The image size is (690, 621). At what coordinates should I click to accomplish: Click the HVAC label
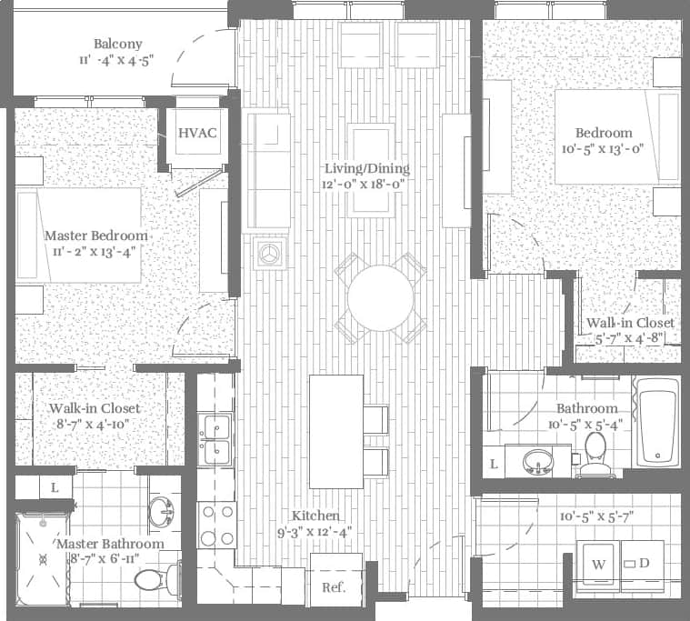(x=197, y=134)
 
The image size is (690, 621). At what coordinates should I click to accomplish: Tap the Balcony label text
(x=118, y=45)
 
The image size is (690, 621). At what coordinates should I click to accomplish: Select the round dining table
(x=380, y=297)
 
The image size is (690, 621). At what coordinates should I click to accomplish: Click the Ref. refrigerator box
(x=335, y=586)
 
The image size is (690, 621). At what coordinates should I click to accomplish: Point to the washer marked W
(x=598, y=565)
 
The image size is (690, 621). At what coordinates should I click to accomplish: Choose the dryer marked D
(x=644, y=564)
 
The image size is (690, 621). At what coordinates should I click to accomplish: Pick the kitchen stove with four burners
(x=216, y=526)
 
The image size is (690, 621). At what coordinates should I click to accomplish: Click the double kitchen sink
(x=216, y=439)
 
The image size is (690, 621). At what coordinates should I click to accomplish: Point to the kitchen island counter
(x=335, y=431)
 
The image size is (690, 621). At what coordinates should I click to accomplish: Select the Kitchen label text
(x=315, y=516)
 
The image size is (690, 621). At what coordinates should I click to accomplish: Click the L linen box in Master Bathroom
(x=55, y=487)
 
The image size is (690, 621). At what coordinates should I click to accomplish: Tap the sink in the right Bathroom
(x=539, y=462)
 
